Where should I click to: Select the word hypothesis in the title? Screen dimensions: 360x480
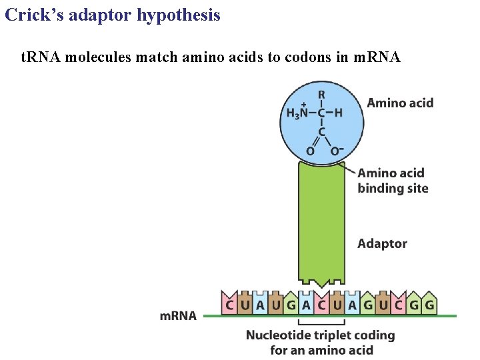point(178,15)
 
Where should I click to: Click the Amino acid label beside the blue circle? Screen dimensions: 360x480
point(400,103)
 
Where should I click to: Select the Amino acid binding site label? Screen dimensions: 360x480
point(393,181)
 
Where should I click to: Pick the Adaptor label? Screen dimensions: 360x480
point(382,243)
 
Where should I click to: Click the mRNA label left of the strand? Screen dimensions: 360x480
point(178,315)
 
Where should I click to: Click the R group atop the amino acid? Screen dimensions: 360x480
point(321,95)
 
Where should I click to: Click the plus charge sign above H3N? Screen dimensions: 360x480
point(303,104)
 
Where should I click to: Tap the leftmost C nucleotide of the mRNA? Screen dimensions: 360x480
point(229,305)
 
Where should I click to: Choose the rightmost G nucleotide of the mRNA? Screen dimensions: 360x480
point(429,305)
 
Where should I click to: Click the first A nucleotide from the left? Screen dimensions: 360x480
point(260,305)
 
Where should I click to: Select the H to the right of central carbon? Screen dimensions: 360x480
point(339,113)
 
